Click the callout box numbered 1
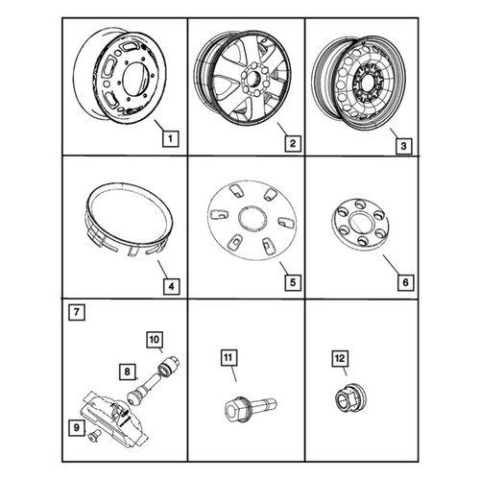pos(170,139)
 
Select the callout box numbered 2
pos(293,143)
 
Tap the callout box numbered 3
pos(403,146)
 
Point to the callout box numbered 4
pos(171,286)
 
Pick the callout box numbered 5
pos(293,282)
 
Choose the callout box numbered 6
pos(405,282)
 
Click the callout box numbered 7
pos(77,312)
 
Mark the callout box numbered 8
pos(128,372)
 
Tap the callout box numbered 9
pos(76,427)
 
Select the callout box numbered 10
pos(155,340)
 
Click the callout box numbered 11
pos(228,357)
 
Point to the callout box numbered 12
pos(340,358)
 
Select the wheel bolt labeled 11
pos(251,406)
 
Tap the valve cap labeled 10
pos(169,366)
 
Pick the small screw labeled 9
pos(93,434)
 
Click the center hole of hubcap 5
pos(252,219)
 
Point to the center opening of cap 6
pos(361,223)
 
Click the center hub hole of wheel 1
pos(134,80)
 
